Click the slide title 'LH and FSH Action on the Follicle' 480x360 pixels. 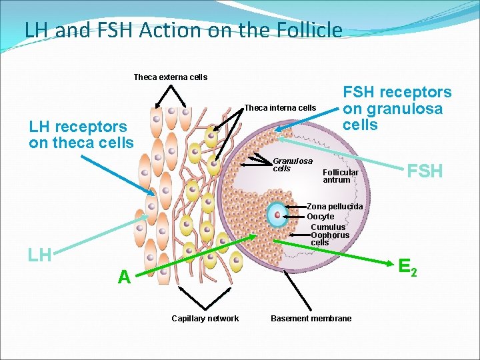coord(183,31)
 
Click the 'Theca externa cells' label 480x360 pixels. coord(170,77)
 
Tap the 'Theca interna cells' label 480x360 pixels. coord(280,108)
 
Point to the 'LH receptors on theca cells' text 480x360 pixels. coord(81,135)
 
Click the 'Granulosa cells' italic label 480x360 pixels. coord(292,165)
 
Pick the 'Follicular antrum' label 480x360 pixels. coord(340,176)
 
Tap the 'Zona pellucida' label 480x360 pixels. coord(335,207)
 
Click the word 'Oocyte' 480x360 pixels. coord(320,217)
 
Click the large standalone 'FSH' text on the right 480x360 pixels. coord(425,171)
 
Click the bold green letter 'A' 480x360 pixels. coord(124,277)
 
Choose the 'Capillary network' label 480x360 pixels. coord(205,319)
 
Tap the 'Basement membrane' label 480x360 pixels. coord(311,319)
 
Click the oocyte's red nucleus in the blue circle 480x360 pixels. coord(277,215)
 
